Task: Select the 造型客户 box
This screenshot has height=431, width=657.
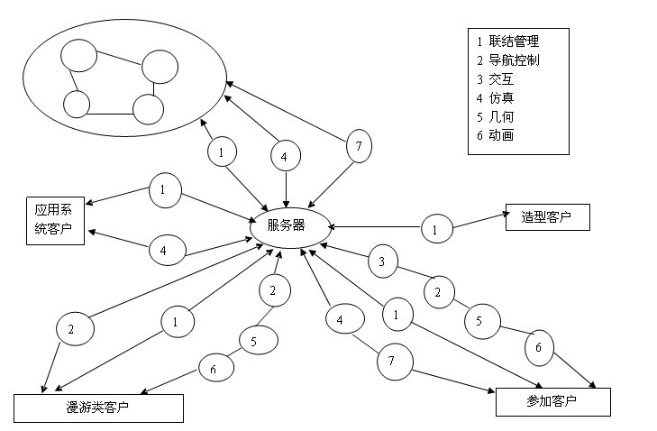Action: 547,217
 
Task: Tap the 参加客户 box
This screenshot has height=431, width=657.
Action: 552,401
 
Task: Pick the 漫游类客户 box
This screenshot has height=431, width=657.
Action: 98,408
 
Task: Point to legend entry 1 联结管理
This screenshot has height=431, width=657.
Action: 508,41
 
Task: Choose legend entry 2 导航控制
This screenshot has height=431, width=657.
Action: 508,60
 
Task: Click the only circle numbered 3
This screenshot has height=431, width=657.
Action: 382,262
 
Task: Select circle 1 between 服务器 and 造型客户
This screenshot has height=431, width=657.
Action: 435,230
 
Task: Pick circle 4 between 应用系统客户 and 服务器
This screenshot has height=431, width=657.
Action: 163,252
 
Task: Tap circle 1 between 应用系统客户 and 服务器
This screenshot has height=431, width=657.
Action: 162,190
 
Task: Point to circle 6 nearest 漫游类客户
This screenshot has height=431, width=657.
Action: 214,369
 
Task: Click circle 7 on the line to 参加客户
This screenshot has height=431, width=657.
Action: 391,361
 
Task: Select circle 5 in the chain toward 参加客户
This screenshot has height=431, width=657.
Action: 482,321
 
